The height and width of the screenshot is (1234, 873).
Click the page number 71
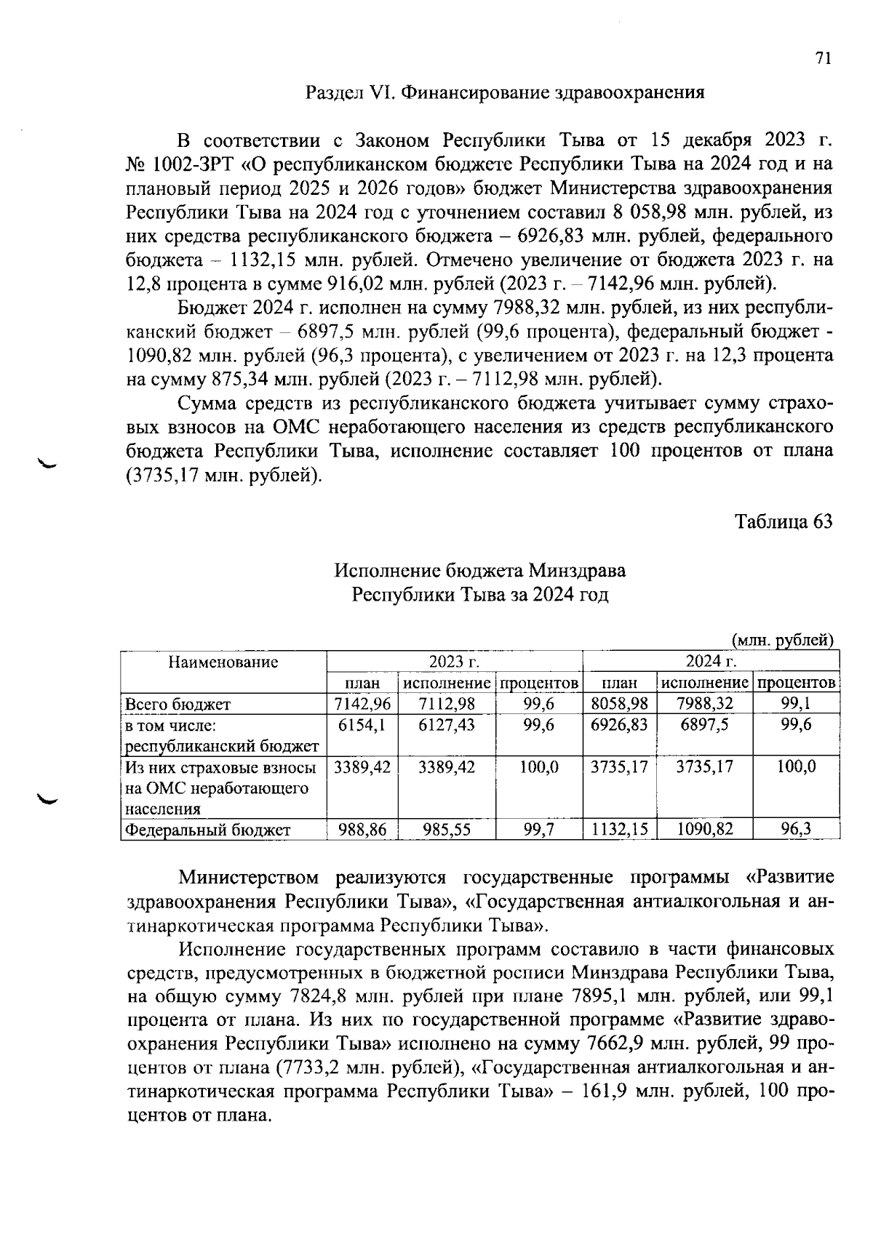823,59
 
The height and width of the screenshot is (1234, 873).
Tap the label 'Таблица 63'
783,522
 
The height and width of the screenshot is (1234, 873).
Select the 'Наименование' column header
223,662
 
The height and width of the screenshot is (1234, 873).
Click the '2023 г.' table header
455,662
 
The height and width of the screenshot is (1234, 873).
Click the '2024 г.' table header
711,662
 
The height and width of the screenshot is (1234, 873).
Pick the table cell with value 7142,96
362,704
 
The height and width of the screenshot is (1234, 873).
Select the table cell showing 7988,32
704,704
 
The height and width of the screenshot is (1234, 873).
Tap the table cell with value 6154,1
362,725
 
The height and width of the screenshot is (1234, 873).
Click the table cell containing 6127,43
447,725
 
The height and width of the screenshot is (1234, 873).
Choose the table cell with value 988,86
362,829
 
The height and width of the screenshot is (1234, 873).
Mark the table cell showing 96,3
796,829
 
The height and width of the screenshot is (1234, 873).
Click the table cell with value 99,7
539,829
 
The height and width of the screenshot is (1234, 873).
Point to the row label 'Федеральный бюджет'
208,830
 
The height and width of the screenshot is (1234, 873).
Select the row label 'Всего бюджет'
178,704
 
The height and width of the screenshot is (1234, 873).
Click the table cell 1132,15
620,829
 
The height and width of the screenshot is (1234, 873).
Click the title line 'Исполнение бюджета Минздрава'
479,571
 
